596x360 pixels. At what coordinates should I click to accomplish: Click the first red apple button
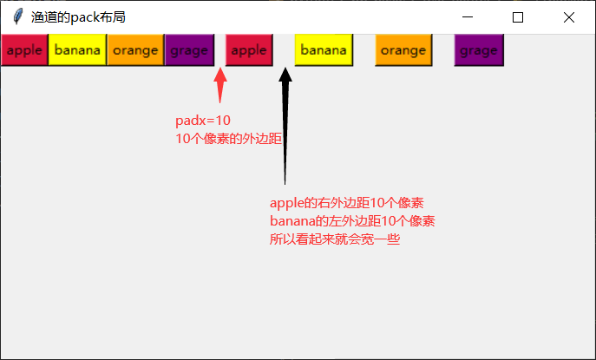tap(24, 50)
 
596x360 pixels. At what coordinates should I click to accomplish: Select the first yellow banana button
tap(77, 50)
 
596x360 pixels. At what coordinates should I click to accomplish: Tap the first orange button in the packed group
tap(135, 50)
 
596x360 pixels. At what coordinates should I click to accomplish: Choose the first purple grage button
tap(189, 50)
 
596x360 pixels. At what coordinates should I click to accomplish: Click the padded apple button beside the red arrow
tap(249, 50)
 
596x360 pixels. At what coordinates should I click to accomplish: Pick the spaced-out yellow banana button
tap(324, 50)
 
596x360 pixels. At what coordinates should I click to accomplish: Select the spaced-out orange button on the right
tap(403, 50)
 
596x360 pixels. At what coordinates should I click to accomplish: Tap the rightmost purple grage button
tap(479, 50)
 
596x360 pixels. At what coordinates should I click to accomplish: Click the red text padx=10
tap(203, 121)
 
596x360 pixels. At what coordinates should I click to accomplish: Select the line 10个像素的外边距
tap(229, 138)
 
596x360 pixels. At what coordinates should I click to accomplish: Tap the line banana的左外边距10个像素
tap(352, 221)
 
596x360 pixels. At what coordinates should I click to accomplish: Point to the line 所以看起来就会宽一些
tap(335, 239)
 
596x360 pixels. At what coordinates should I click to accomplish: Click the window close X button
tap(569, 17)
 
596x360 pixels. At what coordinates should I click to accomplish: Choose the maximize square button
tap(518, 17)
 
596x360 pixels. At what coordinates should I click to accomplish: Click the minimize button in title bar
tap(468, 17)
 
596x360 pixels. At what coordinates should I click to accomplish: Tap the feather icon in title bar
tap(17, 17)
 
